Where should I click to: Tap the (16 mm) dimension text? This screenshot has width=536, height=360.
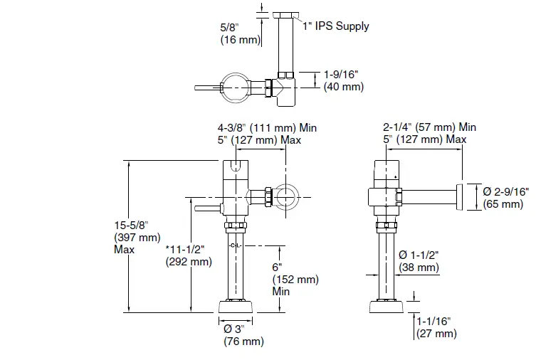pos(241,41)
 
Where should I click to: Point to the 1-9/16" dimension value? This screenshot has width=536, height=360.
pos(343,75)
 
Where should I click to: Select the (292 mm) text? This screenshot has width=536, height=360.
pos(188,261)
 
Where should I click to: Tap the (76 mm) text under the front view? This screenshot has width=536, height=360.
pos(243,342)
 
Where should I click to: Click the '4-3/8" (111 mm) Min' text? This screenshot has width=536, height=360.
pos(267,127)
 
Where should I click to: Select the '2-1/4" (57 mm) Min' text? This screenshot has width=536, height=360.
pos(429,127)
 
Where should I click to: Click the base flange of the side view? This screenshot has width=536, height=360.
pos(386,308)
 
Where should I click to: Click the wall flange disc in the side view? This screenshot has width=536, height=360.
pos(460,197)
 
